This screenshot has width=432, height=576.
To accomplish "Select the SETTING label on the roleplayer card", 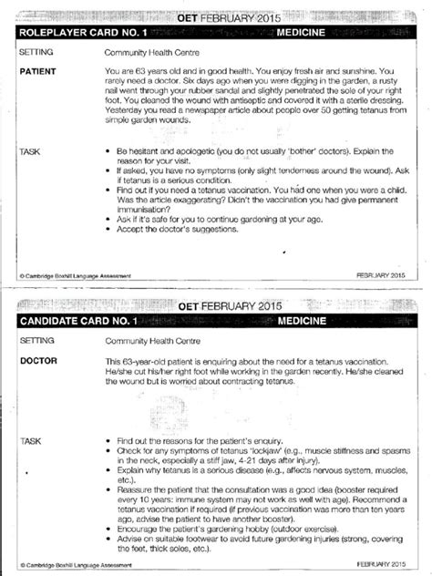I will click(x=36, y=53).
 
